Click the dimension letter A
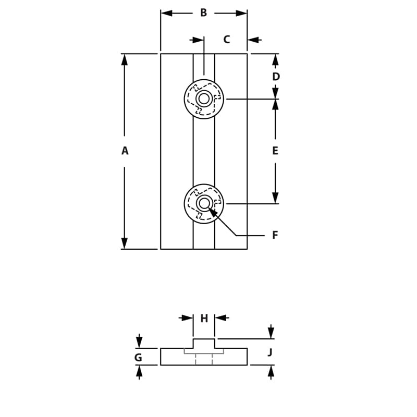pos(125,151)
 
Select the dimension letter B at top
pos(203,13)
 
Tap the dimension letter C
pos(227,40)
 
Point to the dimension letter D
pos(276,77)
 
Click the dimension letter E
pos(275,151)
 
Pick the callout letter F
pos(275,236)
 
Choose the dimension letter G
pos(138,358)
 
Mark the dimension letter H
pos(204,318)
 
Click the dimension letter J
pos(270,353)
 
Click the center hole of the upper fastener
pos(204,99)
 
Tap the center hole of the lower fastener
pos(204,203)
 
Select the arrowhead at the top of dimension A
pos(125,59)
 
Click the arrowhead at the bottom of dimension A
pos(125,243)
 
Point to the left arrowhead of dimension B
pos(166,13)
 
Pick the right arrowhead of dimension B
pos(241,13)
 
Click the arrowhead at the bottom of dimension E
pos(275,198)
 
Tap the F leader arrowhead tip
pos(210,208)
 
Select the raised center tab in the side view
pos(204,344)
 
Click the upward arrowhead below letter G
pos(139,371)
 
